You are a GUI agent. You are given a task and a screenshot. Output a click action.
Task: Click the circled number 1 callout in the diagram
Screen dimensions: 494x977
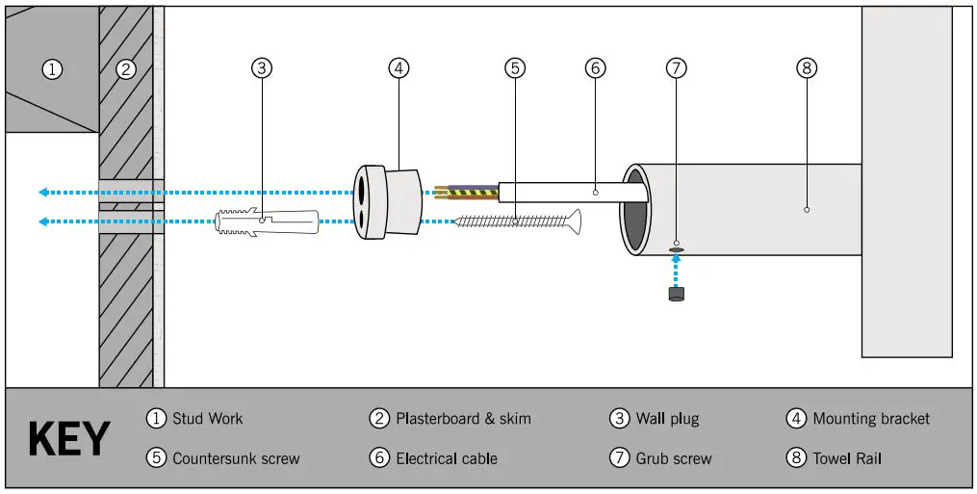(52, 68)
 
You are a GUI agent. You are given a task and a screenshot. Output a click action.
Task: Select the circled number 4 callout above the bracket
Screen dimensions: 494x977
(399, 68)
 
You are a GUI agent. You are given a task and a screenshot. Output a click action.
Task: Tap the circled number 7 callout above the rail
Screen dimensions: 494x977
(677, 68)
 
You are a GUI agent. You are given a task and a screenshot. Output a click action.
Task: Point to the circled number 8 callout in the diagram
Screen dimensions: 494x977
(807, 68)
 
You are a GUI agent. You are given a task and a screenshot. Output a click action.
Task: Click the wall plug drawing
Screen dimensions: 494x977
(262, 222)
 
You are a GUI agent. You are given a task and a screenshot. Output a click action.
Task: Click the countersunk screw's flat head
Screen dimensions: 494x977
(576, 221)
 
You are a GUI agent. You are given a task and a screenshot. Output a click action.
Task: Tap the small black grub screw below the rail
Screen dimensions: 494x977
(677, 294)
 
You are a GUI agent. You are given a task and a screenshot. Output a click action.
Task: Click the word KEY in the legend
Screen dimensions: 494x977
(68, 439)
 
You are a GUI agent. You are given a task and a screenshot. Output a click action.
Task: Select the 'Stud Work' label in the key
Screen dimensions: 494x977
(207, 419)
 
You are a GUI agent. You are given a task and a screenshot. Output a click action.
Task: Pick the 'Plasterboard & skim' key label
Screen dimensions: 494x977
(463, 419)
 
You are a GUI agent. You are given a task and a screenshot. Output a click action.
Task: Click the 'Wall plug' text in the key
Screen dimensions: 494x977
(667, 419)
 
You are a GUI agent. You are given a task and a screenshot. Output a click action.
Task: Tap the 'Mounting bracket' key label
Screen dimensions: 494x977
(871, 419)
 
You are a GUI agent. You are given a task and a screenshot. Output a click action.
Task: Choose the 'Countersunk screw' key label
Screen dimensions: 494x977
(236, 458)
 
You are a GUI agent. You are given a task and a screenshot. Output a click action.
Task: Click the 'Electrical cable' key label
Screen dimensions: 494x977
(447, 458)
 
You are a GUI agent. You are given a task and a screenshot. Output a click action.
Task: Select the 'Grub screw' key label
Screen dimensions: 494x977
(674, 458)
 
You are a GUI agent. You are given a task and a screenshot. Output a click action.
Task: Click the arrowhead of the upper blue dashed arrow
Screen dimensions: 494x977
(43, 193)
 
